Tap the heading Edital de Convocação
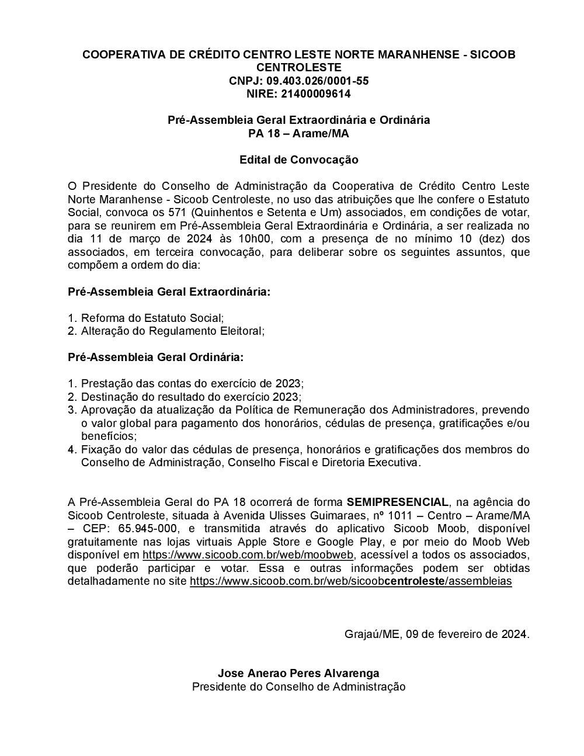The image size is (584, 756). click(x=298, y=159)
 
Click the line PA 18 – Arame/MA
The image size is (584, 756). click(x=298, y=133)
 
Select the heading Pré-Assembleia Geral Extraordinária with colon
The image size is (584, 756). click(x=169, y=292)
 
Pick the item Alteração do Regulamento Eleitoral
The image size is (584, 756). click(x=173, y=331)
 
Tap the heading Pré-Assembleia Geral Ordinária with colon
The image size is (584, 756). click(x=156, y=357)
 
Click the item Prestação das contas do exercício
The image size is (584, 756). click(x=192, y=383)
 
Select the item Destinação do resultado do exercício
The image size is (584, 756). click(x=191, y=397)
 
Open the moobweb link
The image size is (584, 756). click(x=248, y=554)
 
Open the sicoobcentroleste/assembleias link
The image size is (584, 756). click(x=350, y=581)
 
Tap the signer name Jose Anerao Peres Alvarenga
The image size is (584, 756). click(x=298, y=674)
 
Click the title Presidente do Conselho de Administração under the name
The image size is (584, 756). click(x=298, y=687)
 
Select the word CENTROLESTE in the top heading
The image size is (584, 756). click(x=298, y=68)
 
